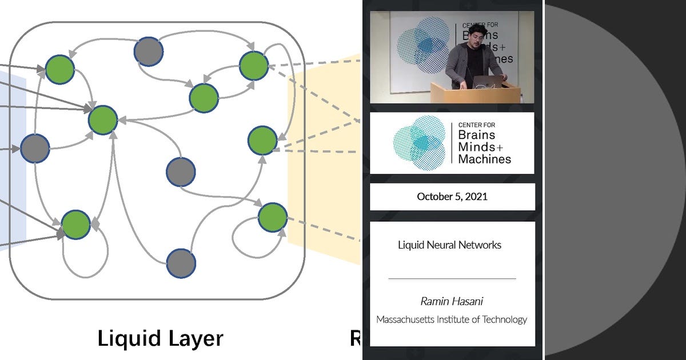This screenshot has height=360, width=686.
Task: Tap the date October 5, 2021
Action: point(452,197)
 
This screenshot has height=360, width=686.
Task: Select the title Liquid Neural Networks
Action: point(449,245)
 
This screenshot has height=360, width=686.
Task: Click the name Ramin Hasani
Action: point(452,301)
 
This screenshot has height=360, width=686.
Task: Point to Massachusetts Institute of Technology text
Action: point(452,319)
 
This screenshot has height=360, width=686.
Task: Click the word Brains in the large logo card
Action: point(476,135)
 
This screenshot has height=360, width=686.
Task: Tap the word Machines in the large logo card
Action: point(484,159)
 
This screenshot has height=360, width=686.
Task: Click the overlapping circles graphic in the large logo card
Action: point(419,143)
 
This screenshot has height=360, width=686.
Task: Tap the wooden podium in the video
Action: point(474,93)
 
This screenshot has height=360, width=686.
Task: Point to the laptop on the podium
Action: point(489,81)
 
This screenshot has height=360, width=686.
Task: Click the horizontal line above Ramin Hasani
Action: point(452,278)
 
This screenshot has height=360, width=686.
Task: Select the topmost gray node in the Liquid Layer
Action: point(149,51)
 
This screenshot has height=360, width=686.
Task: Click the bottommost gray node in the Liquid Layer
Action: point(181,263)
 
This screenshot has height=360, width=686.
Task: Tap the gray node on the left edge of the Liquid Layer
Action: point(35,148)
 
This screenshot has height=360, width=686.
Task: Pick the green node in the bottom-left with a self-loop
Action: point(75,225)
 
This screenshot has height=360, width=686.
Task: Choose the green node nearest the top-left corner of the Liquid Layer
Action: point(60,69)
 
